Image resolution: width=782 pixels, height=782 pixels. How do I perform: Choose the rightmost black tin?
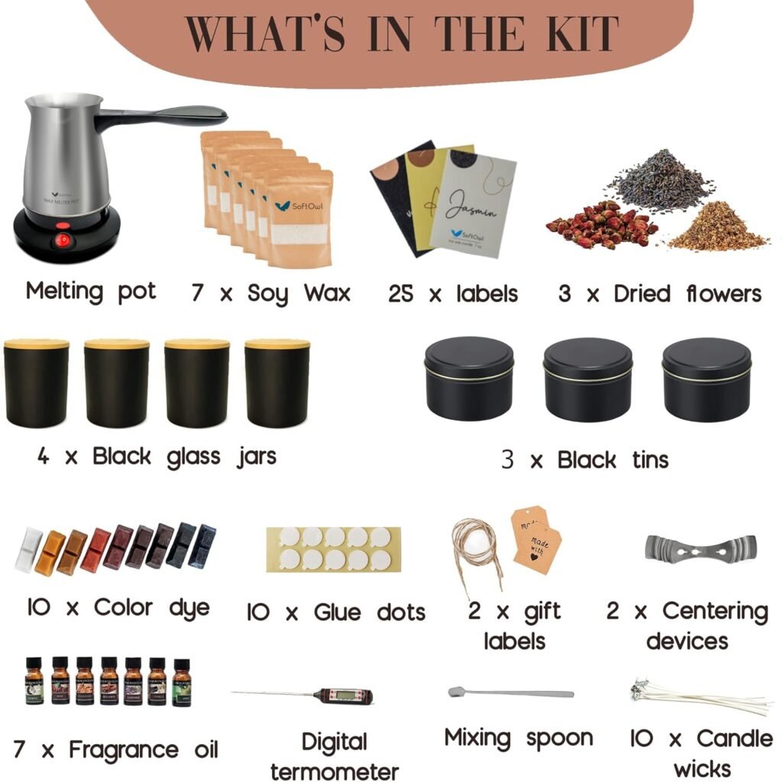(706, 378)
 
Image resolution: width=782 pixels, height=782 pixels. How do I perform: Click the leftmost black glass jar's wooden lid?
(36, 344)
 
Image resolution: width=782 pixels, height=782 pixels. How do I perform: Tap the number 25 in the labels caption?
(401, 294)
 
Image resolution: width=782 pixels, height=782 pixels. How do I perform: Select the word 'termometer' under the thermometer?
(334, 770)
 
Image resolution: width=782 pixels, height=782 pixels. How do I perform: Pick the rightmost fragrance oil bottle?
(181, 682)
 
